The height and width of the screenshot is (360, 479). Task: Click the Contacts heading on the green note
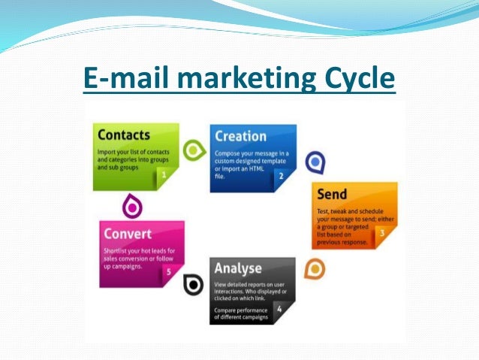[124, 136]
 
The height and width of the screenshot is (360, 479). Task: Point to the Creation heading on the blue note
[240, 136]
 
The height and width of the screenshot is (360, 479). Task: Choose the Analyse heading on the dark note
[237, 268]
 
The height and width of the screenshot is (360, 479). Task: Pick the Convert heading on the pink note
[128, 233]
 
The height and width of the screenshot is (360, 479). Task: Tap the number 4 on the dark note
[279, 308]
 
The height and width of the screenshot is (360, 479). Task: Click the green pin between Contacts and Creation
[194, 150]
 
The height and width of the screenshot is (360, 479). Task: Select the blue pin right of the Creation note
[317, 162]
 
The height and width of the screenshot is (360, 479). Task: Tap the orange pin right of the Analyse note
[315, 269]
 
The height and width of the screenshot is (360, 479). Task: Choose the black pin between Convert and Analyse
[193, 285]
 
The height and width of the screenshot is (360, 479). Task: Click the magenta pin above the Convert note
[131, 205]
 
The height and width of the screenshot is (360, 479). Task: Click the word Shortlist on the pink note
[116, 250]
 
